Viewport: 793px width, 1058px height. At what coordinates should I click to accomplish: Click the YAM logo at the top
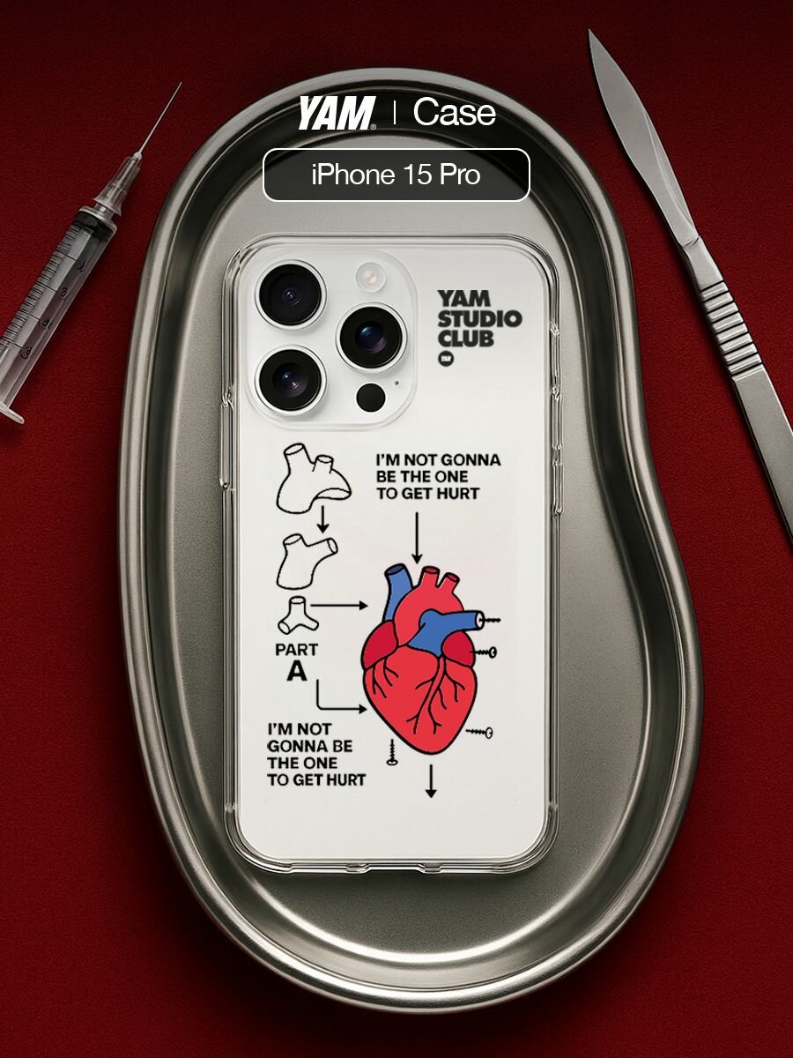(x=336, y=113)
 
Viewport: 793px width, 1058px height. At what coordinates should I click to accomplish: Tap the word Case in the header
(x=454, y=113)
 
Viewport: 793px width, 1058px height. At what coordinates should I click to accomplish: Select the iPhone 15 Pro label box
(x=396, y=175)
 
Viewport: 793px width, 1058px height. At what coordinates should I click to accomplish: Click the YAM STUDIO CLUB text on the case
(x=479, y=319)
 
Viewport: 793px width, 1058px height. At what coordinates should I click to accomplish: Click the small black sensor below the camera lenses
(x=371, y=397)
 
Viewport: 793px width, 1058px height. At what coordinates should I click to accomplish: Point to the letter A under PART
(x=297, y=671)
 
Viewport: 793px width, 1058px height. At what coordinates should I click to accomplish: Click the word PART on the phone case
(x=297, y=650)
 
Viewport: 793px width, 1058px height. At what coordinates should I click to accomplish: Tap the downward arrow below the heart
(x=431, y=781)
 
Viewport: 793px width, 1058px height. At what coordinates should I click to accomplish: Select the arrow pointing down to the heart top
(x=417, y=538)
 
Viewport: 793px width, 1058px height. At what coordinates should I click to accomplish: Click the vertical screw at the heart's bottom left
(x=392, y=752)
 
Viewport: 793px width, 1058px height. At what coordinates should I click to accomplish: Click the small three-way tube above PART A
(x=298, y=615)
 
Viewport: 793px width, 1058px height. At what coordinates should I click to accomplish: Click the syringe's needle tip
(x=180, y=84)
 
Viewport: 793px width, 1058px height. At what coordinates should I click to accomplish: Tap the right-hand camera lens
(x=371, y=338)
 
